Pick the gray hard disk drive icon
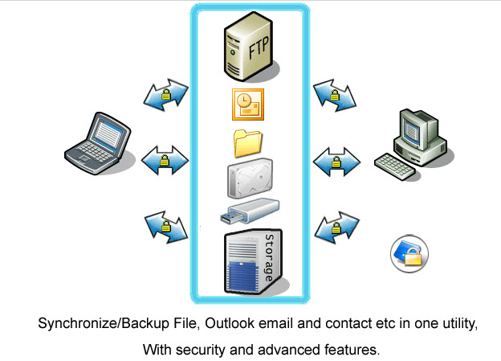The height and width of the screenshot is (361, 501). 249,178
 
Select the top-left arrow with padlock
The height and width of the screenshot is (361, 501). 165,95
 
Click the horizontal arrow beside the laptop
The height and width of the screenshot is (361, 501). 165,161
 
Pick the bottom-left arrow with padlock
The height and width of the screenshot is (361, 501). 165,226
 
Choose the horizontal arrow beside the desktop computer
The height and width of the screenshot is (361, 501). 335,161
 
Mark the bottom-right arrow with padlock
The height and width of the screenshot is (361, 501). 335,228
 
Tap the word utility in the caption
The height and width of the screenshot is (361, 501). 455,324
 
